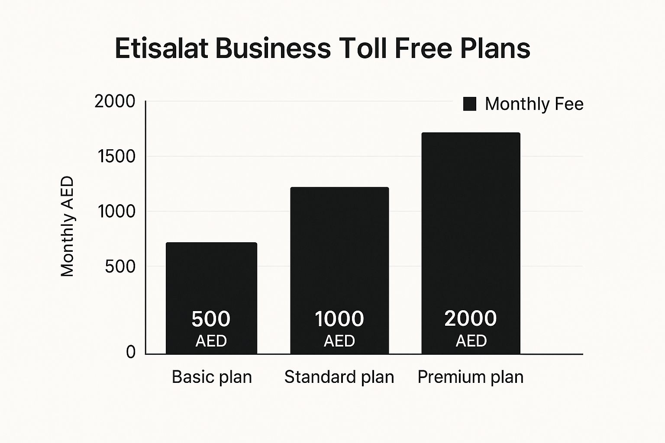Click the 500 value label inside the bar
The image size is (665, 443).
(211, 319)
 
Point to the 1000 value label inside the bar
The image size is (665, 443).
(339, 319)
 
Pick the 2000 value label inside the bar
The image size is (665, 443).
(471, 318)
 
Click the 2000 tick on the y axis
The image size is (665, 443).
(115, 102)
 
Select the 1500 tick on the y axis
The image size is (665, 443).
(116, 157)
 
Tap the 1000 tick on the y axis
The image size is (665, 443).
(116, 212)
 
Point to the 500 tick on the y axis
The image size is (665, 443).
(120, 266)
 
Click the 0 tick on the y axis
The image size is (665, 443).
(131, 352)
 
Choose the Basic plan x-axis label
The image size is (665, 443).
(212, 377)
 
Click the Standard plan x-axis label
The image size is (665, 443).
(339, 377)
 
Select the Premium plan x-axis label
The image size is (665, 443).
(470, 377)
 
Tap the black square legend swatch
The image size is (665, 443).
(470, 104)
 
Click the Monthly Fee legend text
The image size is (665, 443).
(534, 104)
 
